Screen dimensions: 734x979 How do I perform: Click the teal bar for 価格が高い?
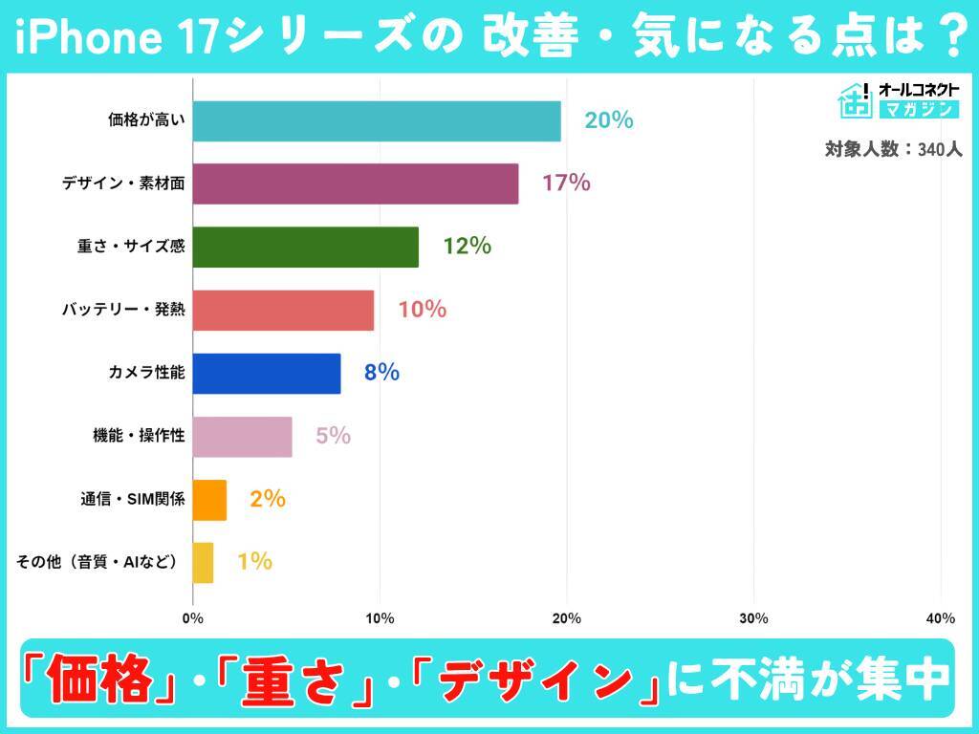(376, 120)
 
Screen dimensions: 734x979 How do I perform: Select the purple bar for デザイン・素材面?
(355, 183)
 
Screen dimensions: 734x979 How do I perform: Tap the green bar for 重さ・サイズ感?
(305, 247)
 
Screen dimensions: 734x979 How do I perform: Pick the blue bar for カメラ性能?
(266, 373)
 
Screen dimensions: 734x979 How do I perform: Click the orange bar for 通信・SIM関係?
(209, 499)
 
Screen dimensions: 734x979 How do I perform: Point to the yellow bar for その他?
(203, 562)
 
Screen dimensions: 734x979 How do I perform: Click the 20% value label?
(609, 120)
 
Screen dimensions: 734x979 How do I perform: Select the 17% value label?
(566, 183)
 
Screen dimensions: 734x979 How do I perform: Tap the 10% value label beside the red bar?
(422, 310)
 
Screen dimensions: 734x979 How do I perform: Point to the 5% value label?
(333, 436)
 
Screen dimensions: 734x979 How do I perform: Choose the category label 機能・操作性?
(132, 436)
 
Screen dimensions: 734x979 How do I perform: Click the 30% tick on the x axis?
(753, 618)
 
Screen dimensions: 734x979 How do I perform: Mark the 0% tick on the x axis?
(193, 618)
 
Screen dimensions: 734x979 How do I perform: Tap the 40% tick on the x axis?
(941, 618)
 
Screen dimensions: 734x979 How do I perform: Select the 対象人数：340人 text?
(893, 149)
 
